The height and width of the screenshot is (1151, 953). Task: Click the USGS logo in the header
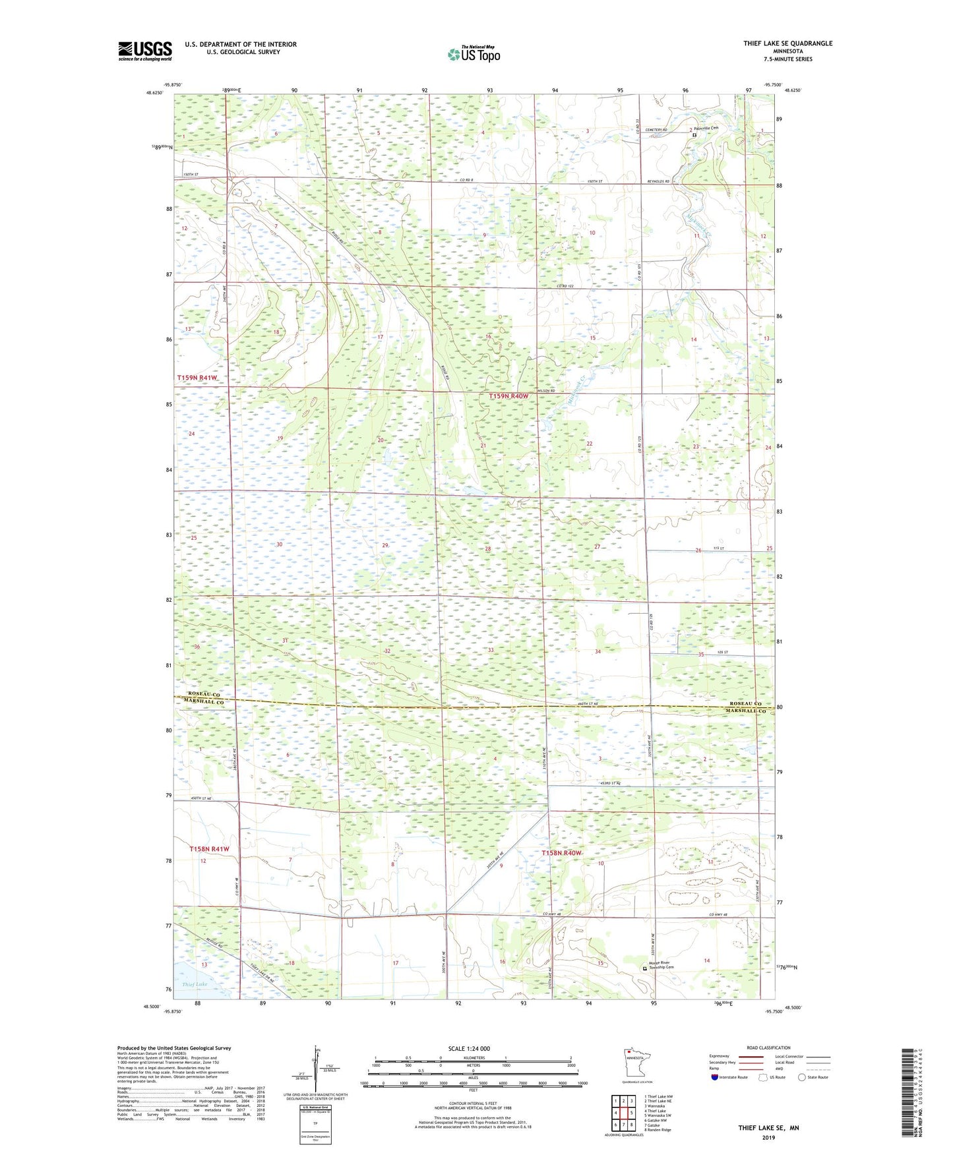144,50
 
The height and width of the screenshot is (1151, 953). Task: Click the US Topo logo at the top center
474,54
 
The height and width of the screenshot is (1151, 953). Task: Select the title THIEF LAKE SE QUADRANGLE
787,44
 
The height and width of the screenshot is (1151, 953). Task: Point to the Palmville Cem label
706,129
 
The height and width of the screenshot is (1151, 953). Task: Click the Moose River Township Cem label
661,965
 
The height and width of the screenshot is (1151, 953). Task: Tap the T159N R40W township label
508,396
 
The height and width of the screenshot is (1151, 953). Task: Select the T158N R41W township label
209,849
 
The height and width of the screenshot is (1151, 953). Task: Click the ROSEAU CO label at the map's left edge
204,694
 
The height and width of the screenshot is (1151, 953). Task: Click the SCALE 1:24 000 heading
469,1048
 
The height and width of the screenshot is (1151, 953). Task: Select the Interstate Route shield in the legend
716,1077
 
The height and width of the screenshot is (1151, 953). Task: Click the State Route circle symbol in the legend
802,1077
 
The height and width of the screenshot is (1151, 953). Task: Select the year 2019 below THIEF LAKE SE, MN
768,1137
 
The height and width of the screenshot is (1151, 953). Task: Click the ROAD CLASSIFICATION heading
768,1048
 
